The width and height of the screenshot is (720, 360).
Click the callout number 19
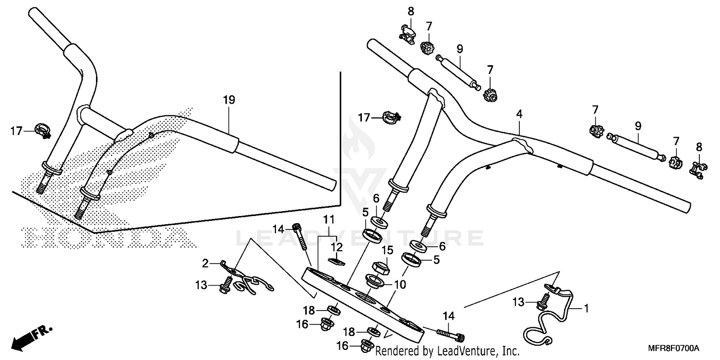coord(229,100)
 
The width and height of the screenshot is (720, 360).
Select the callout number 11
coord(328,220)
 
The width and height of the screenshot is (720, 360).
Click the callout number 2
coord(205,263)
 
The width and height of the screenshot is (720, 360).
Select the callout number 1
coord(585,306)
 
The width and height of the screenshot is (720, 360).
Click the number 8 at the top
coord(411,11)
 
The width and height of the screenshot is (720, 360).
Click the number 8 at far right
coord(699,146)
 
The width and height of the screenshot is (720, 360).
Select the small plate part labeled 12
coord(337,261)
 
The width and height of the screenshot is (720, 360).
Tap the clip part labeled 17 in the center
coord(391,117)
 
